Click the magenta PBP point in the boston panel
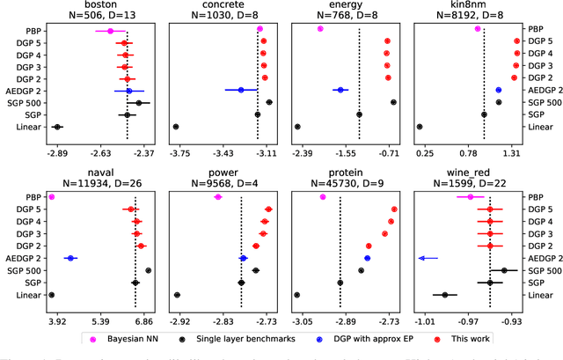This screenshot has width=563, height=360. [110, 30]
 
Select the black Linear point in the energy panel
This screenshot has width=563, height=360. [298, 127]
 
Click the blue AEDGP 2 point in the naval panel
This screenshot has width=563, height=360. [69, 259]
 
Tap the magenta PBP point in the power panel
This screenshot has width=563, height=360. [218, 197]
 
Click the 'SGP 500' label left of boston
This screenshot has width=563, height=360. [28, 102]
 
